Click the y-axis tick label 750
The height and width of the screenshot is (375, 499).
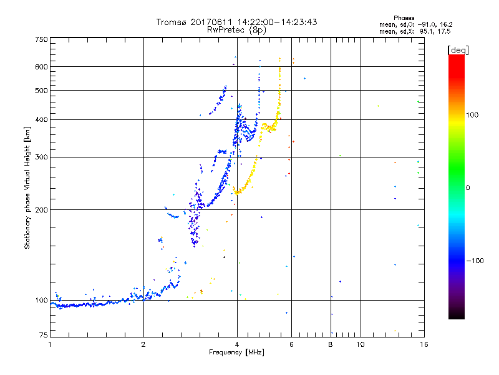42,39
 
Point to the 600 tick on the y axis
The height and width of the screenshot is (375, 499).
42,66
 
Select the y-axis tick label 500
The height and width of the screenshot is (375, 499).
42,91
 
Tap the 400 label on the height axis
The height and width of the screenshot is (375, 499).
42,119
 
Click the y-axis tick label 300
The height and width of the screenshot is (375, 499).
42,157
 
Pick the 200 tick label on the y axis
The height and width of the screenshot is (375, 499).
42,209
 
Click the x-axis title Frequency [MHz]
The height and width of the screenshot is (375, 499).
236,353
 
